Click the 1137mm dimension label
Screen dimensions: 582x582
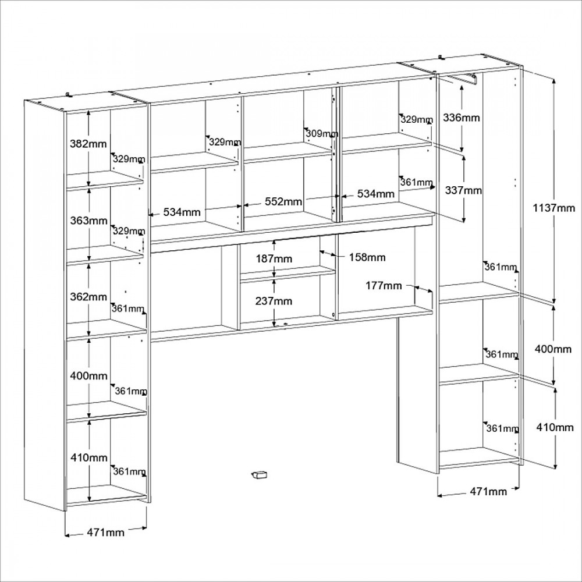coord(554,208)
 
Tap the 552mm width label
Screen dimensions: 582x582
coord(283,201)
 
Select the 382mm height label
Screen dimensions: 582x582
coord(88,144)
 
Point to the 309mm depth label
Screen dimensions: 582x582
coord(322,133)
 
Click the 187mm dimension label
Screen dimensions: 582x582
coord(274,258)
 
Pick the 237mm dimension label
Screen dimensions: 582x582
coord(274,301)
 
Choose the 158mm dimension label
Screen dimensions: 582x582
coord(367,257)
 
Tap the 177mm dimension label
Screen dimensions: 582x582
coord(384,285)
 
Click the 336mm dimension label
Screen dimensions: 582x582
coord(462,118)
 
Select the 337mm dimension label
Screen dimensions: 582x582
coord(463,190)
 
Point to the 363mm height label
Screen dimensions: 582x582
coord(88,221)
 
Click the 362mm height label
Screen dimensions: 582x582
coord(88,297)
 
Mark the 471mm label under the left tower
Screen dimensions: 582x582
coord(105,533)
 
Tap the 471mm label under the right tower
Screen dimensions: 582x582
coord(488,491)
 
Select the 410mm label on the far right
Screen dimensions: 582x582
coord(555,427)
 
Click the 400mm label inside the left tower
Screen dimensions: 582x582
coord(88,375)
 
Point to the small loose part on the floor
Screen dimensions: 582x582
coord(260,475)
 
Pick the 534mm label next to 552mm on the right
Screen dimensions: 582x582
coord(375,194)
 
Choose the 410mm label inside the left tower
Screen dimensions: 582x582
coord(89,457)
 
